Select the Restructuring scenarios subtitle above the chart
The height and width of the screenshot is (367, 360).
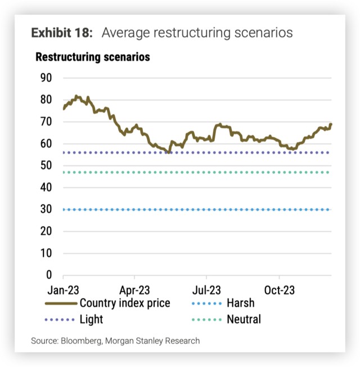coord(92,57)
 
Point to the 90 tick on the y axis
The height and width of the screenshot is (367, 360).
coord(46,78)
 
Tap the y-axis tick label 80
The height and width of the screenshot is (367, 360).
coord(46,100)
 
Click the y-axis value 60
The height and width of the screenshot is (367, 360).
coord(46,144)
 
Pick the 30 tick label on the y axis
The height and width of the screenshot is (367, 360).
coord(46,209)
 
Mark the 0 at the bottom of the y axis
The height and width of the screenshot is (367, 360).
coord(49,275)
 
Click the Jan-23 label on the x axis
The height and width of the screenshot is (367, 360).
coord(63,290)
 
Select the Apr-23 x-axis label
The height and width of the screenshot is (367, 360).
coord(135,290)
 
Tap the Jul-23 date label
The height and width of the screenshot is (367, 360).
coord(206,290)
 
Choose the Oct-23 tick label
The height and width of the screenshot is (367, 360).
coord(280,290)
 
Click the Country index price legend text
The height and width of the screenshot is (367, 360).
coord(125,303)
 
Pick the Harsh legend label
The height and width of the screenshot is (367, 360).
coord(240,303)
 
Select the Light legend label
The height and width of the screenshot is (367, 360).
coord(92,320)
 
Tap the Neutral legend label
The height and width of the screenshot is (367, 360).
coord(244,320)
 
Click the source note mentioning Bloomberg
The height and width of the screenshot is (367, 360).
coord(115,341)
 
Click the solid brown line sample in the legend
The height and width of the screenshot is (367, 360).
coord(60,303)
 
